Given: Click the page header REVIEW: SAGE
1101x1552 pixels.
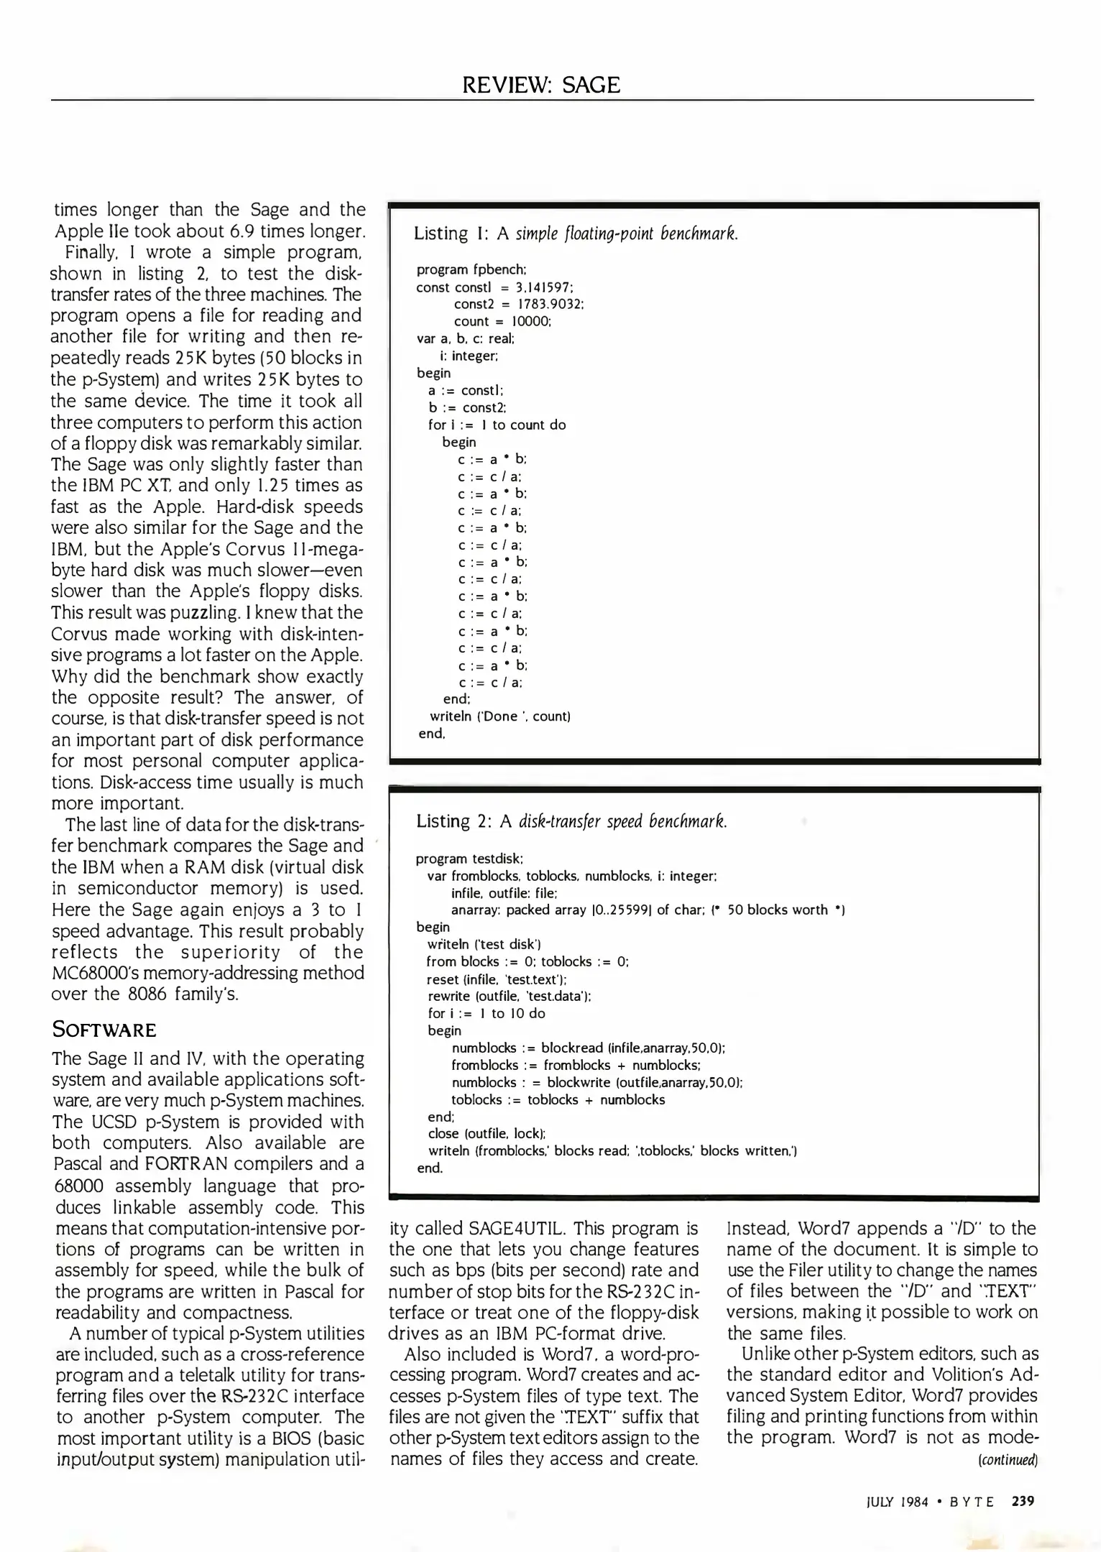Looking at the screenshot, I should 541,86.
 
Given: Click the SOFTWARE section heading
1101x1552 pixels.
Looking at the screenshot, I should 103,1030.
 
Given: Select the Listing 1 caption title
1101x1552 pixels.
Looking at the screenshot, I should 576,234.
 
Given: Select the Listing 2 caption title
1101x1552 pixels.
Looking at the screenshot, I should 571,821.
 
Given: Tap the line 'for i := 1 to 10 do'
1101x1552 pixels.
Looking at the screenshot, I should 486,1013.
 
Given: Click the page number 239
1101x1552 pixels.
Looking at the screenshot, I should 1022,1501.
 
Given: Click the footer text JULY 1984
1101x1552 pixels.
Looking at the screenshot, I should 897,1502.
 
